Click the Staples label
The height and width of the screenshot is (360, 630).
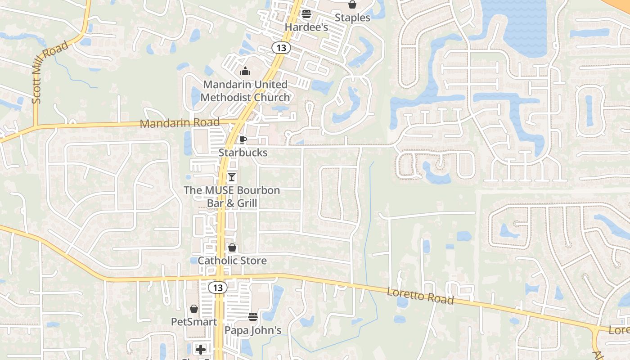[x=353, y=18]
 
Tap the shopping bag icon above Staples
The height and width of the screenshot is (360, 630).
[x=352, y=5]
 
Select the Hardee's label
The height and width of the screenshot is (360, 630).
[x=306, y=27]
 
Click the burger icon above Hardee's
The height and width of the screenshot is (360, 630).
[x=306, y=14]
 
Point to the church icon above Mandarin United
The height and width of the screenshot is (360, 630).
[x=245, y=71]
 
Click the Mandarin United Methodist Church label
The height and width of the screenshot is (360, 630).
[x=245, y=91]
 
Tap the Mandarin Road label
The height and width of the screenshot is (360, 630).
[x=180, y=122]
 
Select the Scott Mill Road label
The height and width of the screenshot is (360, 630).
[x=50, y=72]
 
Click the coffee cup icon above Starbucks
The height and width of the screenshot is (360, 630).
[x=243, y=139]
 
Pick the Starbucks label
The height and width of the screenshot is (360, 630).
[x=243, y=153]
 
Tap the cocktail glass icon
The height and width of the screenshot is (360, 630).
[x=232, y=177]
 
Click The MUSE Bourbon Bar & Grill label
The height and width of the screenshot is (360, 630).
[x=232, y=197]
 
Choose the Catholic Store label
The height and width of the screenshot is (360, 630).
[x=232, y=261]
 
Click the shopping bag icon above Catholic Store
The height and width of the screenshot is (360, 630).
[x=232, y=247]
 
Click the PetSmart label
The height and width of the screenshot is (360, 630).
[x=194, y=322]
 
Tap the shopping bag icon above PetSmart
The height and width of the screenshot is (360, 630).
[x=194, y=309]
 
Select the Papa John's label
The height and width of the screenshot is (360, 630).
[x=253, y=330]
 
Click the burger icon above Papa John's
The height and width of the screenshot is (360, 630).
[x=253, y=317]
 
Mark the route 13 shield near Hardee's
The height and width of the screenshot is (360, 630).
[x=281, y=48]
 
